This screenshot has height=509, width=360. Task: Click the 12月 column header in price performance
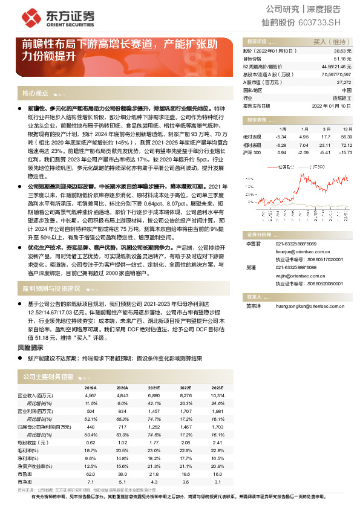tap(347, 129)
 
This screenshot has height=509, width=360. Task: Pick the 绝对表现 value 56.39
tap(347, 137)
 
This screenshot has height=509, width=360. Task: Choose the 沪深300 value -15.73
tap(346, 152)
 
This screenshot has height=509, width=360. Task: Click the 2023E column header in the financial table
tap(216, 387)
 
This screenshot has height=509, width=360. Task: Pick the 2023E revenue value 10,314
tap(217, 395)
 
